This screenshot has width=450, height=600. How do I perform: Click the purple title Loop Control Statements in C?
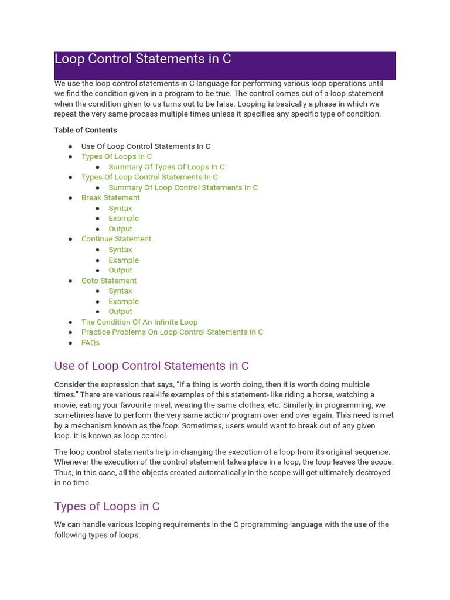click(142, 59)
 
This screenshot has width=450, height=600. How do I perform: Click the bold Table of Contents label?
click(86, 130)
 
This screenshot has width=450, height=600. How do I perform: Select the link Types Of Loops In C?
click(117, 156)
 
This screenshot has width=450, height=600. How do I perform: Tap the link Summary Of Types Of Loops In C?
click(168, 167)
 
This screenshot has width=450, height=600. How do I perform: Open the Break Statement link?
click(111, 198)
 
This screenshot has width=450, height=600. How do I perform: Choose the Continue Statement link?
click(116, 239)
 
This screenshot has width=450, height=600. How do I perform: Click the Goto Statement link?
click(109, 281)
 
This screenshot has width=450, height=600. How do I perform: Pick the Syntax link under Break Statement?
click(120, 209)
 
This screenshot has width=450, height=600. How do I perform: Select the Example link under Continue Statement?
click(124, 260)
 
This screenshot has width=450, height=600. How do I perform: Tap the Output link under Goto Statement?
click(120, 312)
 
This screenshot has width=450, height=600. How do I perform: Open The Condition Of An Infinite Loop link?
click(139, 322)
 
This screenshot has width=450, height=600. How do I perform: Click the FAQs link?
click(90, 343)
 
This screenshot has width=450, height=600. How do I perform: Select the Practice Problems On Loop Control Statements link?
click(172, 332)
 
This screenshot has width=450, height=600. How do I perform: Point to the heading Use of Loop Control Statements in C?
click(151, 366)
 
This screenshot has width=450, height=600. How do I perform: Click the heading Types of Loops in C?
click(107, 506)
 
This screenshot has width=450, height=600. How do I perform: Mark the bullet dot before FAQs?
click(70, 343)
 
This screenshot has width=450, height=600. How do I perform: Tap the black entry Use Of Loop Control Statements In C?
click(146, 146)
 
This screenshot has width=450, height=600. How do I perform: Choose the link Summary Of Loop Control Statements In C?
click(183, 187)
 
